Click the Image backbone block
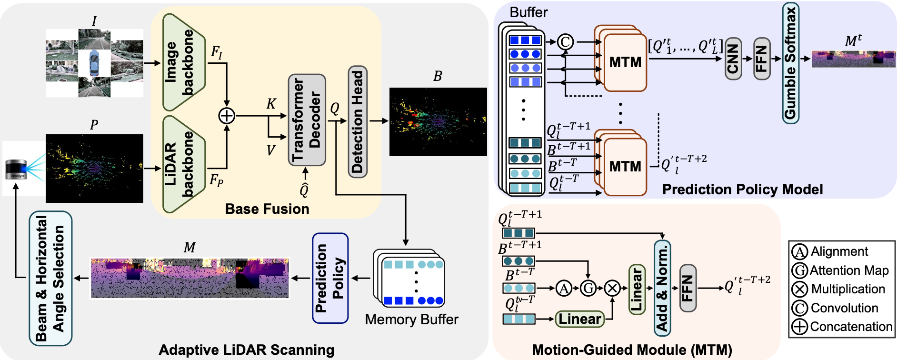pyautogui.click(x=184, y=62)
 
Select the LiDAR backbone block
pyautogui.click(x=184, y=164)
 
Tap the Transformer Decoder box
pyautogui.click(x=307, y=120)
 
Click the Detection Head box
pyautogui.click(x=357, y=122)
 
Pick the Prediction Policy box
pyautogui.click(x=330, y=278)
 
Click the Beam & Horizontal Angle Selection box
pyautogui.click(x=50, y=279)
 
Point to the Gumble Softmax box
pyautogui.click(x=790, y=63)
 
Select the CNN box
pyautogui.click(x=733, y=59)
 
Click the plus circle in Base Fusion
pyautogui.click(x=227, y=116)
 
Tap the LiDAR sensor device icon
pyautogui.click(x=16, y=170)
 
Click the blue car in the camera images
pyautogui.click(x=94, y=63)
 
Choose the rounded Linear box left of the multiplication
pyautogui.click(x=579, y=319)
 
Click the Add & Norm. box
pyautogui.click(x=662, y=288)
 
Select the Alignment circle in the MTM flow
pyautogui.click(x=564, y=288)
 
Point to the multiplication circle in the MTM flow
pyautogui.click(x=612, y=288)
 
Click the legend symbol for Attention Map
pyautogui.click(x=799, y=270)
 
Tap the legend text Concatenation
pyautogui.click(x=851, y=327)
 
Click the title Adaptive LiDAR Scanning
pyautogui.click(x=246, y=350)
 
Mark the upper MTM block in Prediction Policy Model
pyautogui.click(x=625, y=62)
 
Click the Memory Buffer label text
pyautogui.click(x=411, y=320)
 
